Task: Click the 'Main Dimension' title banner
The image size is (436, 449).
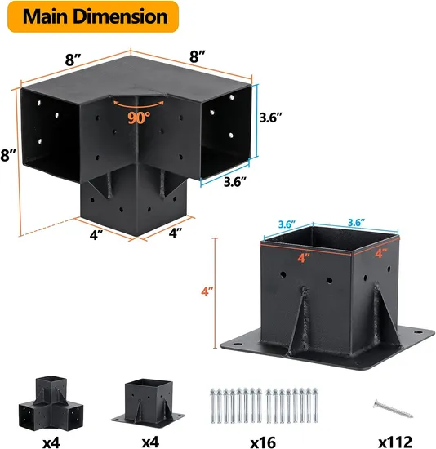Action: pyautogui.click(x=93, y=16)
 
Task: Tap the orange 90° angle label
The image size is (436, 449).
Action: pyautogui.click(x=139, y=117)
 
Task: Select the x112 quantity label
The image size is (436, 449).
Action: pyautogui.click(x=395, y=442)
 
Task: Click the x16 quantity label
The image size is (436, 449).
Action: pyautogui.click(x=263, y=442)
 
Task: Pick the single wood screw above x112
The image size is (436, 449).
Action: pyautogui.click(x=393, y=409)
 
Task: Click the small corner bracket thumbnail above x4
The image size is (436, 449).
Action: pyautogui.click(x=51, y=402)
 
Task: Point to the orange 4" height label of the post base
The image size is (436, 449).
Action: pyautogui.click(x=207, y=291)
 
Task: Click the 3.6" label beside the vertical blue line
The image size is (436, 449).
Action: pyautogui.click(x=271, y=118)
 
